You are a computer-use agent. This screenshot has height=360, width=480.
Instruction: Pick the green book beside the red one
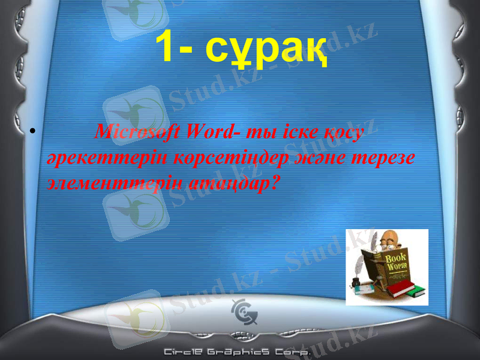(x=416, y=292)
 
